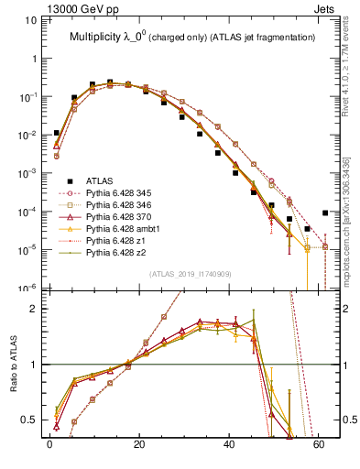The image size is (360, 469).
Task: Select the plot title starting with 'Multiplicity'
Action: click(x=192, y=37)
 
